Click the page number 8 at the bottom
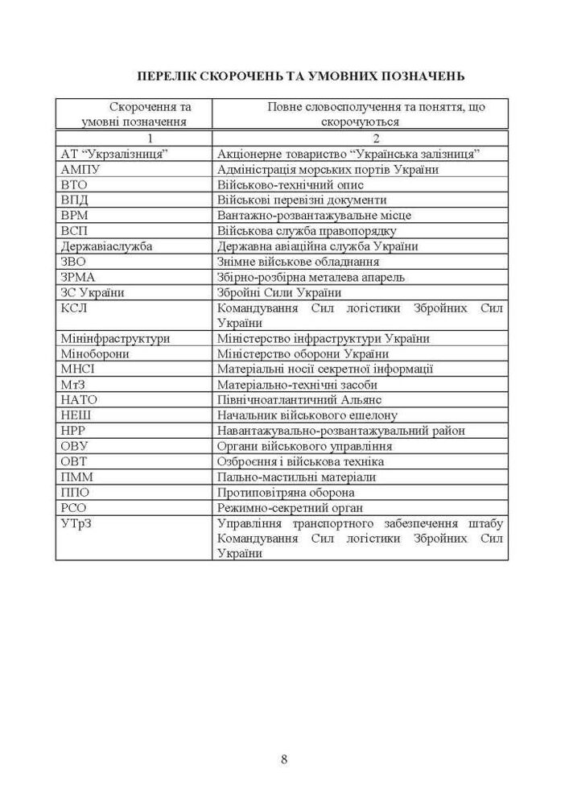tap(284, 758)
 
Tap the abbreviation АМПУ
tap(80, 170)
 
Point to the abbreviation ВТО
tap(73, 185)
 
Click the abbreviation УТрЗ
tap(76, 523)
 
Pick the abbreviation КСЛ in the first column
tap(74, 308)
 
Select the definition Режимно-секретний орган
tap(290, 507)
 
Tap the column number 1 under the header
tap(134, 138)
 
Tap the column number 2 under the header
tap(361, 138)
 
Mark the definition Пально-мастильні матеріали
tap(296, 477)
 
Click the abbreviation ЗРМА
tap(78, 277)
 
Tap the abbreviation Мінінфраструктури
tap(115, 338)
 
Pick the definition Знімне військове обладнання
tap(298, 262)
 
